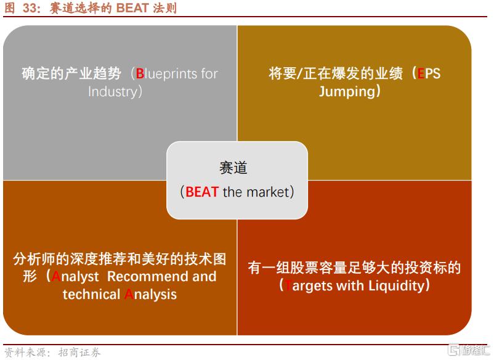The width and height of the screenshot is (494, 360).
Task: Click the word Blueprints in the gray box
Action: (x=167, y=74)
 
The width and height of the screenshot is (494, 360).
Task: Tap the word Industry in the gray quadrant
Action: (x=113, y=92)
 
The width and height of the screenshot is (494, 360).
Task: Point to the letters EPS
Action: (x=429, y=73)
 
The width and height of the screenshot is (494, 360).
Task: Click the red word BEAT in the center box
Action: (x=202, y=192)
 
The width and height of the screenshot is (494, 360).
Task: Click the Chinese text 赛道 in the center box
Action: (x=233, y=168)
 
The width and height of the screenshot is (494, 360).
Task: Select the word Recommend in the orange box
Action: (x=148, y=276)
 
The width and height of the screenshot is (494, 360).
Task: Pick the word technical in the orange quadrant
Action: (x=91, y=295)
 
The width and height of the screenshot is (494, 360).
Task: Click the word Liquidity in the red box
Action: (x=396, y=286)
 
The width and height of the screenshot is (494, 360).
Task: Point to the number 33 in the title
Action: (x=30, y=8)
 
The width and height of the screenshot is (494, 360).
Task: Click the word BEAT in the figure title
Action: (x=132, y=8)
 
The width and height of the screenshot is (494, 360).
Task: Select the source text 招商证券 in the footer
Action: (x=79, y=352)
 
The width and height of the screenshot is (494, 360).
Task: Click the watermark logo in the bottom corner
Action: (x=468, y=350)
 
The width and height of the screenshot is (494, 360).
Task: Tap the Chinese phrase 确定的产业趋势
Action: (x=71, y=74)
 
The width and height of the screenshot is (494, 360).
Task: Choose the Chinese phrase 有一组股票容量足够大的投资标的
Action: (x=354, y=268)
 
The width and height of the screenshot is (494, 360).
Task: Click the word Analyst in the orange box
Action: (x=75, y=276)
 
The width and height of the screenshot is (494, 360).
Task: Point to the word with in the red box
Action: (x=350, y=286)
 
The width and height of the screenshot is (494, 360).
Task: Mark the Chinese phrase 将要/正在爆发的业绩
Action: (x=336, y=73)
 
